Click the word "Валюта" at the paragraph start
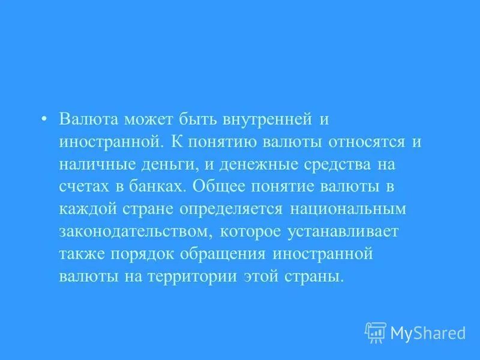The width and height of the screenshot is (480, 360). [x=89, y=119]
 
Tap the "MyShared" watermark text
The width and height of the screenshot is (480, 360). [x=428, y=332]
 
